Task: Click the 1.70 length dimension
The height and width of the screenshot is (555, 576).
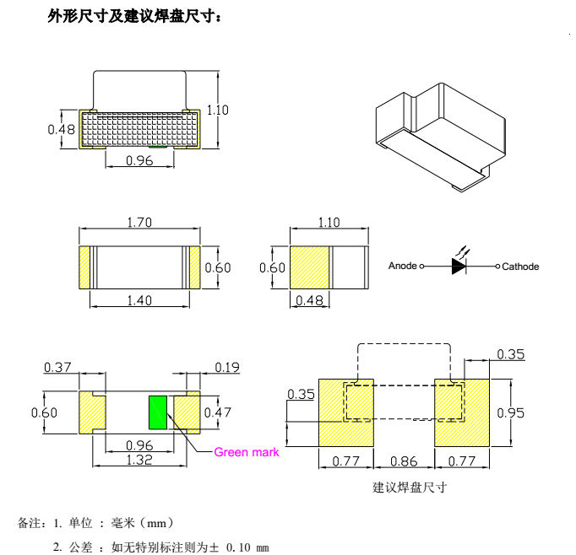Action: [x=139, y=223]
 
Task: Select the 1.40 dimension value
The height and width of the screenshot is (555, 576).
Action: [x=139, y=300]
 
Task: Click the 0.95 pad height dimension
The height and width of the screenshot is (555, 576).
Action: [x=509, y=412]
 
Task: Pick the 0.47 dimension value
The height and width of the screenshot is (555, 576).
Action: [x=218, y=412]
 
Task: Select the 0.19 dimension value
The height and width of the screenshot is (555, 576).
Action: [x=226, y=367]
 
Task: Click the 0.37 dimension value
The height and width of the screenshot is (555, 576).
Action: [x=57, y=367]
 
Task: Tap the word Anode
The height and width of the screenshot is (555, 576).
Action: [x=403, y=267]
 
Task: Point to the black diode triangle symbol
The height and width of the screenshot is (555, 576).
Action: [x=459, y=266]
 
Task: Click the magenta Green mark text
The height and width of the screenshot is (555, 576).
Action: [x=246, y=452]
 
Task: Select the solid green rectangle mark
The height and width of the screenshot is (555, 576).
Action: [x=157, y=412]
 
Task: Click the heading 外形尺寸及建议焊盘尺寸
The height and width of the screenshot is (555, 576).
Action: [x=135, y=16]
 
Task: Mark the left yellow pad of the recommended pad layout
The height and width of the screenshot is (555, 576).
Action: [x=347, y=412]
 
